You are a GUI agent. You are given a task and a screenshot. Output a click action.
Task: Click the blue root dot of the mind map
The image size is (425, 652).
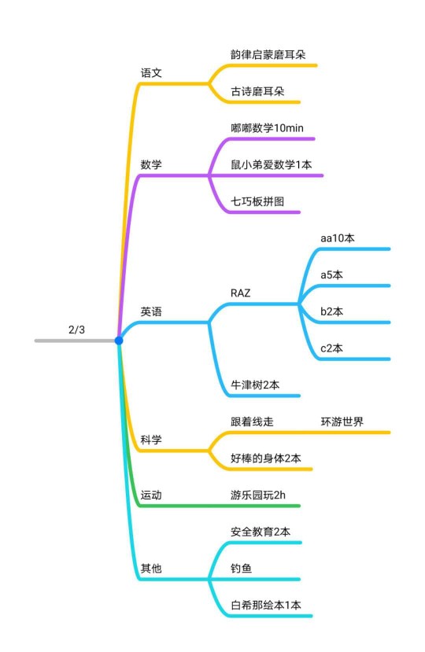pyautogui.click(x=119, y=341)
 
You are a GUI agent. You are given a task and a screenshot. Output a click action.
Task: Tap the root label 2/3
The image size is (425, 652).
pyautogui.click(x=76, y=330)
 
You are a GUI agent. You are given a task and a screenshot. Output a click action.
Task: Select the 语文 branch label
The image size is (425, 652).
pyautogui.click(x=151, y=73)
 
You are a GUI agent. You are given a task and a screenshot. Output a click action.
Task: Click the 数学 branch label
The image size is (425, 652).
pyautogui.click(x=151, y=164)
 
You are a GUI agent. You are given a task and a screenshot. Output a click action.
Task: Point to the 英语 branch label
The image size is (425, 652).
pyautogui.click(x=151, y=311)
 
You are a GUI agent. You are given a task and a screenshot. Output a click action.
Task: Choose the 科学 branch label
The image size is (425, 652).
pyautogui.click(x=151, y=440)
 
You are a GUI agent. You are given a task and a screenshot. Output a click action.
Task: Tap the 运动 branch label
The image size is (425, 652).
pyautogui.click(x=151, y=495)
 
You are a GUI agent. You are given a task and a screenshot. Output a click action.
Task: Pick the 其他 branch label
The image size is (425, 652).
pyautogui.click(x=151, y=568)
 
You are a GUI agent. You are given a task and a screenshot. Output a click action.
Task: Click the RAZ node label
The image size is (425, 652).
pyautogui.click(x=241, y=293)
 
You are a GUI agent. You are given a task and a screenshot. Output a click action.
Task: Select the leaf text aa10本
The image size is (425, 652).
pyautogui.click(x=338, y=238)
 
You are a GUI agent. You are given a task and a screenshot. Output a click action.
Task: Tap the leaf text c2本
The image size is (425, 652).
pyautogui.click(x=332, y=348)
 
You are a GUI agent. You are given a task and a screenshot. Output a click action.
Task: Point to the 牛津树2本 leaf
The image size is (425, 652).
pyautogui.click(x=255, y=385)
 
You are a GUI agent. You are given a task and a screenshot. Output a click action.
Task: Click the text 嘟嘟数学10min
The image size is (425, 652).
pyautogui.click(x=268, y=127)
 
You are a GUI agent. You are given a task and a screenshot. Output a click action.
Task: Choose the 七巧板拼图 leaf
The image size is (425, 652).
pyautogui.click(x=257, y=201)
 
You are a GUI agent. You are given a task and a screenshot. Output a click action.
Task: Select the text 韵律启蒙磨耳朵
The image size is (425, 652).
pyautogui.click(x=268, y=54)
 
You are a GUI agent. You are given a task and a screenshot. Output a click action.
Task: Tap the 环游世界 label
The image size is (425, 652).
pyautogui.click(x=342, y=422)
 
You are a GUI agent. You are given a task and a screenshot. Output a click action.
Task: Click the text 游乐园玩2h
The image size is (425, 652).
pyautogui.click(x=258, y=495)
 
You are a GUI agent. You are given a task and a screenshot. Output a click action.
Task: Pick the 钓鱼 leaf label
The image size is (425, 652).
pyautogui.click(x=242, y=568)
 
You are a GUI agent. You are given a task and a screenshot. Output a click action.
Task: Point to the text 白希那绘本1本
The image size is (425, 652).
pyautogui.click(x=266, y=605)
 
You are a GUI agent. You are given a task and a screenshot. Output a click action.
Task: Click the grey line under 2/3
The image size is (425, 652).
pyautogui.click(x=75, y=341)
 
